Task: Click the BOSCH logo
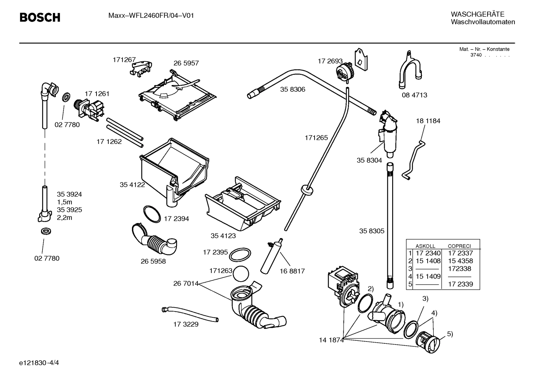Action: pos(40,17)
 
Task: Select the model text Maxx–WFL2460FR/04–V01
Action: pos(151,16)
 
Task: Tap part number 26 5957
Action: pos(186,63)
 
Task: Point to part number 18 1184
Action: pos(428,121)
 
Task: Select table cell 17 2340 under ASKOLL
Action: pos(428,253)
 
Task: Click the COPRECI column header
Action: pos(459,246)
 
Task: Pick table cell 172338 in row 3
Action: pos(460,269)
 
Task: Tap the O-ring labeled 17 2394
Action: pos(152,213)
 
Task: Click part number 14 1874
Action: pos(331,340)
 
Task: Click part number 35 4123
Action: pos(223,236)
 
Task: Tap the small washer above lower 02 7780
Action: pos(45,232)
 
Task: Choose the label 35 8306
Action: pos(292,90)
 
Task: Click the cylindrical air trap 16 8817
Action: pos(272,255)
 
